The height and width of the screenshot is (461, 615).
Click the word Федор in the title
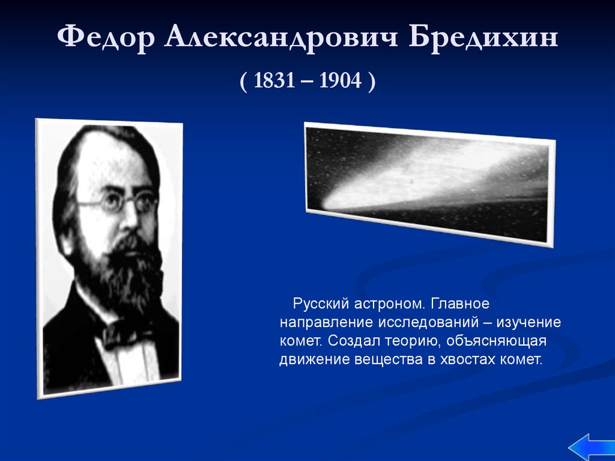(x=106, y=38)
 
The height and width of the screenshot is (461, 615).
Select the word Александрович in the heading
(x=281, y=38)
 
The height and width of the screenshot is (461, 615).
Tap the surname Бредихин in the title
(x=483, y=37)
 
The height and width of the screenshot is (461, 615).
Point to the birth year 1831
(x=274, y=81)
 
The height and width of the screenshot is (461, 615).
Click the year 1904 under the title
(x=340, y=81)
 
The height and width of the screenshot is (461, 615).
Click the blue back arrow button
(x=592, y=447)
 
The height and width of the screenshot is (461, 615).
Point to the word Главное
(x=460, y=304)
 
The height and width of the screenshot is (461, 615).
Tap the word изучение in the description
(x=529, y=323)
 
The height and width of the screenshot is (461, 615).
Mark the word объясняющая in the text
(x=496, y=341)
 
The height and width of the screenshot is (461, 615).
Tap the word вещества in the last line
(x=389, y=359)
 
